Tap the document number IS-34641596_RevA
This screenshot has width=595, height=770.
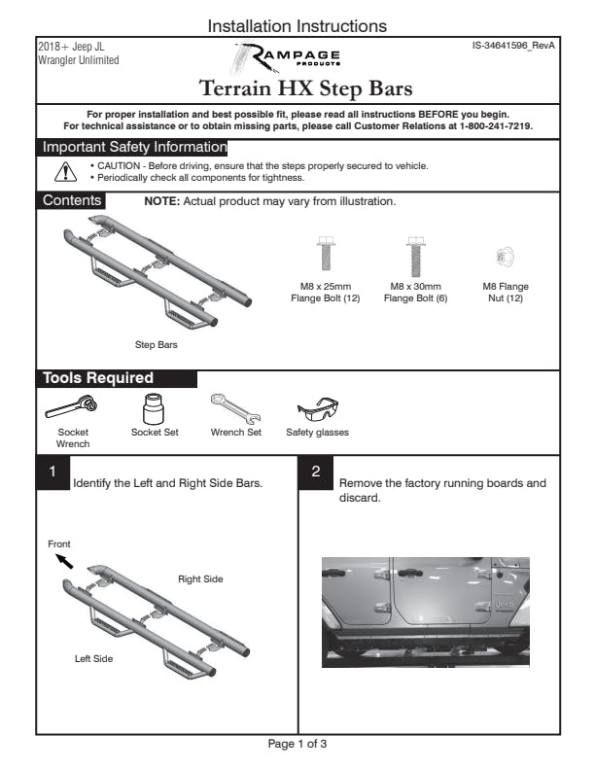tap(511, 46)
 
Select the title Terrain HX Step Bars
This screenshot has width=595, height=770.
tap(306, 89)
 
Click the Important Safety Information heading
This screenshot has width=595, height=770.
tap(133, 148)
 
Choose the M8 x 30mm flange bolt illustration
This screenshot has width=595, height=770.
tap(415, 254)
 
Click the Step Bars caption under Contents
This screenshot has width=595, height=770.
tap(156, 344)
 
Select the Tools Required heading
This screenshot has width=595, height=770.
tap(97, 378)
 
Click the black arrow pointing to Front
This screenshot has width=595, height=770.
tap(64, 562)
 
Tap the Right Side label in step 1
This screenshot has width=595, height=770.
tap(200, 579)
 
